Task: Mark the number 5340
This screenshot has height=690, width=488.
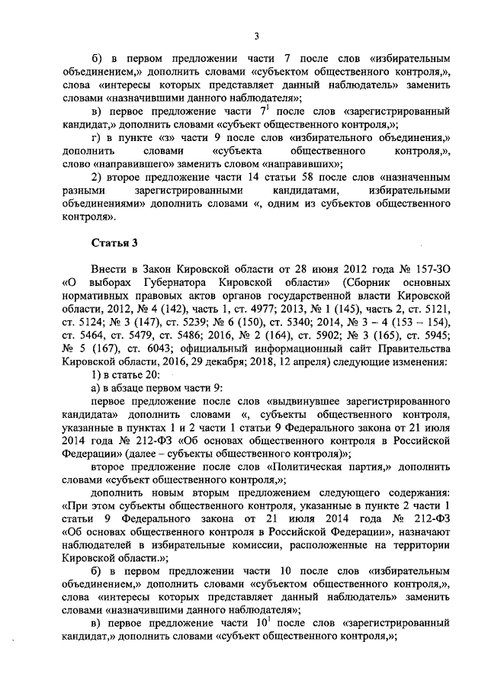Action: pyautogui.click(x=309, y=323)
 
